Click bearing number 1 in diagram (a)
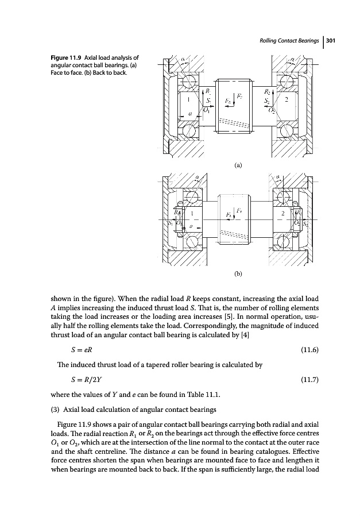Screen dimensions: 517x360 [181, 99]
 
